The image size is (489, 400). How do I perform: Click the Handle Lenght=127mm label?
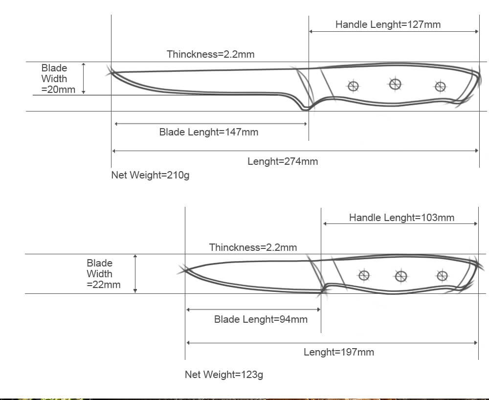point(388,24)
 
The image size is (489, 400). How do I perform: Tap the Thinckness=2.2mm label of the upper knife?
point(210,54)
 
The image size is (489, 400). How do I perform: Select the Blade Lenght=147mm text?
point(209,132)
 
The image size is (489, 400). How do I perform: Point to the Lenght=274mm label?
point(283,161)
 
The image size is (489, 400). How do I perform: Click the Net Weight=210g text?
point(150,175)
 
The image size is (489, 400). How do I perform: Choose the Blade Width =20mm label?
point(58,79)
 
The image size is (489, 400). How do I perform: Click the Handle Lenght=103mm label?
point(401,218)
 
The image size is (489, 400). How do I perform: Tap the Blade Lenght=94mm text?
point(261,320)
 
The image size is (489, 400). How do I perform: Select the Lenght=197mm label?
point(338,352)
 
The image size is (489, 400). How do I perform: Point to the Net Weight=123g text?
point(223,375)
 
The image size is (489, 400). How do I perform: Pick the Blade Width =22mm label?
point(103,274)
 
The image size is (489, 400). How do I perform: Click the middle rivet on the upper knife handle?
point(395,84)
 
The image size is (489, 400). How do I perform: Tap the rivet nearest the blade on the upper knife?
point(353,87)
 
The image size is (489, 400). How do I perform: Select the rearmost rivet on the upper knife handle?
point(440,87)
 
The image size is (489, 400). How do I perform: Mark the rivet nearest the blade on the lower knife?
point(364,275)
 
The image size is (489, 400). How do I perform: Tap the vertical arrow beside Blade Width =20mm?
point(84,78)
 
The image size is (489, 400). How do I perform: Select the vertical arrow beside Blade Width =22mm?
point(135,274)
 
